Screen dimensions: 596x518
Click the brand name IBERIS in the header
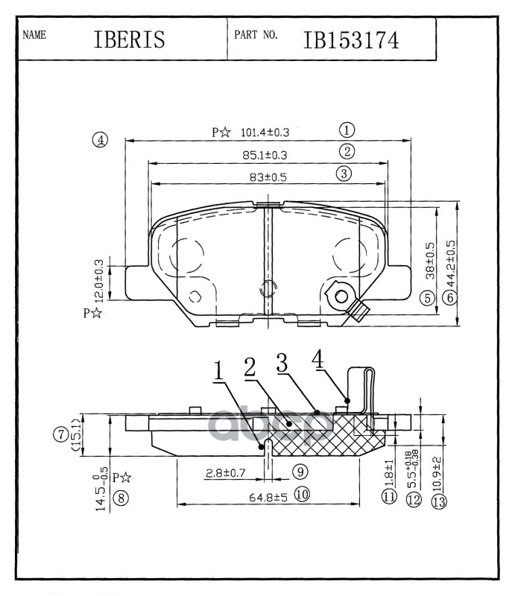[129, 39]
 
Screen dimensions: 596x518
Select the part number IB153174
[350, 39]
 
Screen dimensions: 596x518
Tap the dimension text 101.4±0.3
[265, 132]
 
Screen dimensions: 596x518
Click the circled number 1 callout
[348, 130]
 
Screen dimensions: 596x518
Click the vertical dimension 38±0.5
[429, 261]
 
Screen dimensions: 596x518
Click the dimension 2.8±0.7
[235, 472]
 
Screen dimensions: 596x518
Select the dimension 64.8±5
[259, 494]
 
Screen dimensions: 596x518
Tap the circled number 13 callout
[438, 502]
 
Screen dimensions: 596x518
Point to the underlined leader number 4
[318, 359]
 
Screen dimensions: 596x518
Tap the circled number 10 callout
[301, 494]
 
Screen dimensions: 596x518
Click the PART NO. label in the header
[256, 35]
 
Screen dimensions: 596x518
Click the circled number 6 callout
[448, 298]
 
